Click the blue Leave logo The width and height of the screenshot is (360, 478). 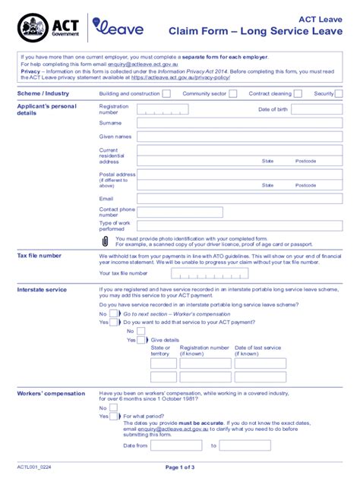pyautogui.click(x=117, y=30)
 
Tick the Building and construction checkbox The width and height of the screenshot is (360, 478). pyautogui.click(x=168, y=93)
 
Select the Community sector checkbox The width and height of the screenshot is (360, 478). pyautogui.click(x=232, y=93)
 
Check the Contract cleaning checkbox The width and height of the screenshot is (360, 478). pyautogui.click(x=298, y=93)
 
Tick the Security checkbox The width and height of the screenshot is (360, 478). pyautogui.click(x=339, y=93)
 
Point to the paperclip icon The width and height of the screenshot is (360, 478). pyautogui.click(x=105, y=241)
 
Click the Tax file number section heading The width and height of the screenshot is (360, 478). pyautogui.click(x=39, y=256)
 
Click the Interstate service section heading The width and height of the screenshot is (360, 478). pyautogui.click(x=42, y=289)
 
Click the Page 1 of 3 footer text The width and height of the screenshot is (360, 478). pyautogui.click(x=179, y=469)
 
